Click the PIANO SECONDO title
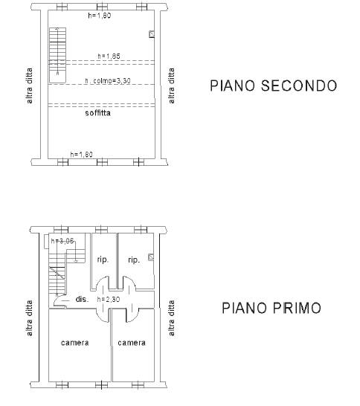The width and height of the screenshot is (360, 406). pos(273,86)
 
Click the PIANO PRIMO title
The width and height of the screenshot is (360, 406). pos(271,308)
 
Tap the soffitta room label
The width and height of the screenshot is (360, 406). pos(98,113)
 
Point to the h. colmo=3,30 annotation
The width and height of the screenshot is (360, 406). pos(108,81)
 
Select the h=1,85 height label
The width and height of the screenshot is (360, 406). pos(109,57)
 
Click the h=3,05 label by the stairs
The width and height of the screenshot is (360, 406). pos(62,241)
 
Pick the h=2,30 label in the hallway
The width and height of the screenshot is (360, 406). pos(109,300)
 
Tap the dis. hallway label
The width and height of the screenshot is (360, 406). pos(82,299)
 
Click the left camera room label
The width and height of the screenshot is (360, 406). pos(75,343)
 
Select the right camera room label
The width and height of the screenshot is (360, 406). pos(132,343)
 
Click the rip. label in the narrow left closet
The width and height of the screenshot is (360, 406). pos(103,260)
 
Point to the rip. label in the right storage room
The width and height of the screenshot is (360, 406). pos(134,260)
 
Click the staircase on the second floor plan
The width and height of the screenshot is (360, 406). pos(57,55)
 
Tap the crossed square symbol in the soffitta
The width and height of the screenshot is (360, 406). pos(152,34)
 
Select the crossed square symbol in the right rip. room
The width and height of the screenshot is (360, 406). pos(151,257)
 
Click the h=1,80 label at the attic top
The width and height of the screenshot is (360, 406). pos(100,16)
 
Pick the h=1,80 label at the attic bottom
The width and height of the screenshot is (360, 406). pos(82,155)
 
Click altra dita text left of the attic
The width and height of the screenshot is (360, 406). pos(30,86)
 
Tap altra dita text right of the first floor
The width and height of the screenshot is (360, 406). pos(172,318)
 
